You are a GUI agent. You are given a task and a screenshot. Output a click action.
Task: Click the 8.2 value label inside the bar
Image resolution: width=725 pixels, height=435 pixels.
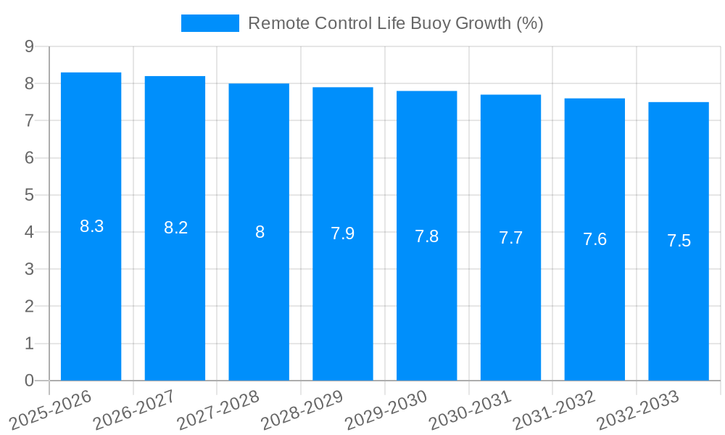tap(175, 228)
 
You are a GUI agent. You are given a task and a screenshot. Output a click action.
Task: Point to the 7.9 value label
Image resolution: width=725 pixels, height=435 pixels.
tap(343, 233)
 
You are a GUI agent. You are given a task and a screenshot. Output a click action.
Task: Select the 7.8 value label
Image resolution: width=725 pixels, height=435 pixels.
tap(427, 236)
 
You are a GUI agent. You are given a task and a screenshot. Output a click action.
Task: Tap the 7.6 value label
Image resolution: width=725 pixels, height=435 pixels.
tap(594, 240)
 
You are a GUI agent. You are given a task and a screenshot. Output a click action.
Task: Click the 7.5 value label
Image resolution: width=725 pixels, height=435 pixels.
tap(679, 241)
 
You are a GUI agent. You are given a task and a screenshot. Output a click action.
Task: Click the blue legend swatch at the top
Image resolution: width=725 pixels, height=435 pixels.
tap(210, 23)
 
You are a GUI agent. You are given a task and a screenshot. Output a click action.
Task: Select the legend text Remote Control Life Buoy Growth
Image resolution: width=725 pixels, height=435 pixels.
tap(396, 23)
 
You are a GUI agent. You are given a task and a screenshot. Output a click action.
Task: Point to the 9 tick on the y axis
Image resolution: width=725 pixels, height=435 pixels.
tap(29, 46)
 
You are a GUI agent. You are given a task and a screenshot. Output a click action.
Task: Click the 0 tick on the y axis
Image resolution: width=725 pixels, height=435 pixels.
tap(29, 381)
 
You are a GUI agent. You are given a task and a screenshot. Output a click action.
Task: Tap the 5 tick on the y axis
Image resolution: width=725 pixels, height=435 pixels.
tap(29, 195)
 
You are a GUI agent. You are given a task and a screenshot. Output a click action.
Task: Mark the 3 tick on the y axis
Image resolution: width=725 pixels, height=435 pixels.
tap(29, 269)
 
